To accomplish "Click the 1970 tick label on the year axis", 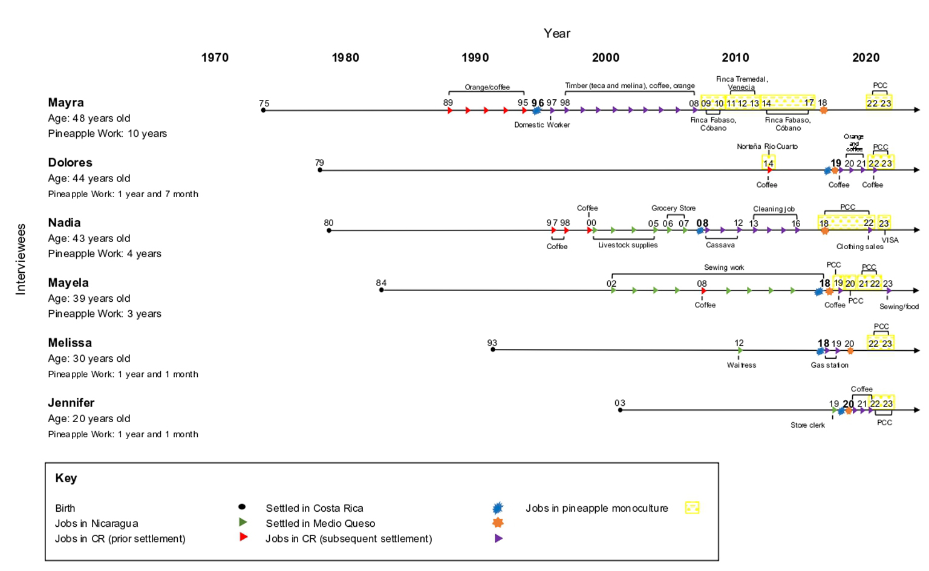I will click(x=215, y=57).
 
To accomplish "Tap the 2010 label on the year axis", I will click(x=735, y=57).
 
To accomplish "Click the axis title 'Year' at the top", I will click(x=556, y=33).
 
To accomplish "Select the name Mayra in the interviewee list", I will click(x=66, y=103).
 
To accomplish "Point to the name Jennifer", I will click(x=71, y=403).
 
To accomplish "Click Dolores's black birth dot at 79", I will click(x=320, y=170).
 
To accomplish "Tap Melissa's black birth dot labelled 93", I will click(x=493, y=350).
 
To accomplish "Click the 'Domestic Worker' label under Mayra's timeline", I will click(x=542, y=125).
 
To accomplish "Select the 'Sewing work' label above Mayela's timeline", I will click(x=724, y=267).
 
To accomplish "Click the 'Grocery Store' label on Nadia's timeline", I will click(x=673, y=208).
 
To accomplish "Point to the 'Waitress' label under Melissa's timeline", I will click(x=742, y=365).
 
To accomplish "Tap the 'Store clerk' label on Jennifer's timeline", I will click(x=807, y=425).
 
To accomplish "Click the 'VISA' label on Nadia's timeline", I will click(x=890, y=240).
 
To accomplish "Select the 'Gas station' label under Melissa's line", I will click(x=829, y=365).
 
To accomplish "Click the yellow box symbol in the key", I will click(x=692, y=507).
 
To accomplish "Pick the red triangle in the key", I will click(x=244, y=537).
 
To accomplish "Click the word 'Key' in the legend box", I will click(x=66, y=478).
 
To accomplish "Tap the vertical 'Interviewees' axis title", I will click(x=21, y=259).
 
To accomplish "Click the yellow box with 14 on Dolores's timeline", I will click(x=768, y=163).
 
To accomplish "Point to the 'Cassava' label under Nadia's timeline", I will click(x=720, y=245).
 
